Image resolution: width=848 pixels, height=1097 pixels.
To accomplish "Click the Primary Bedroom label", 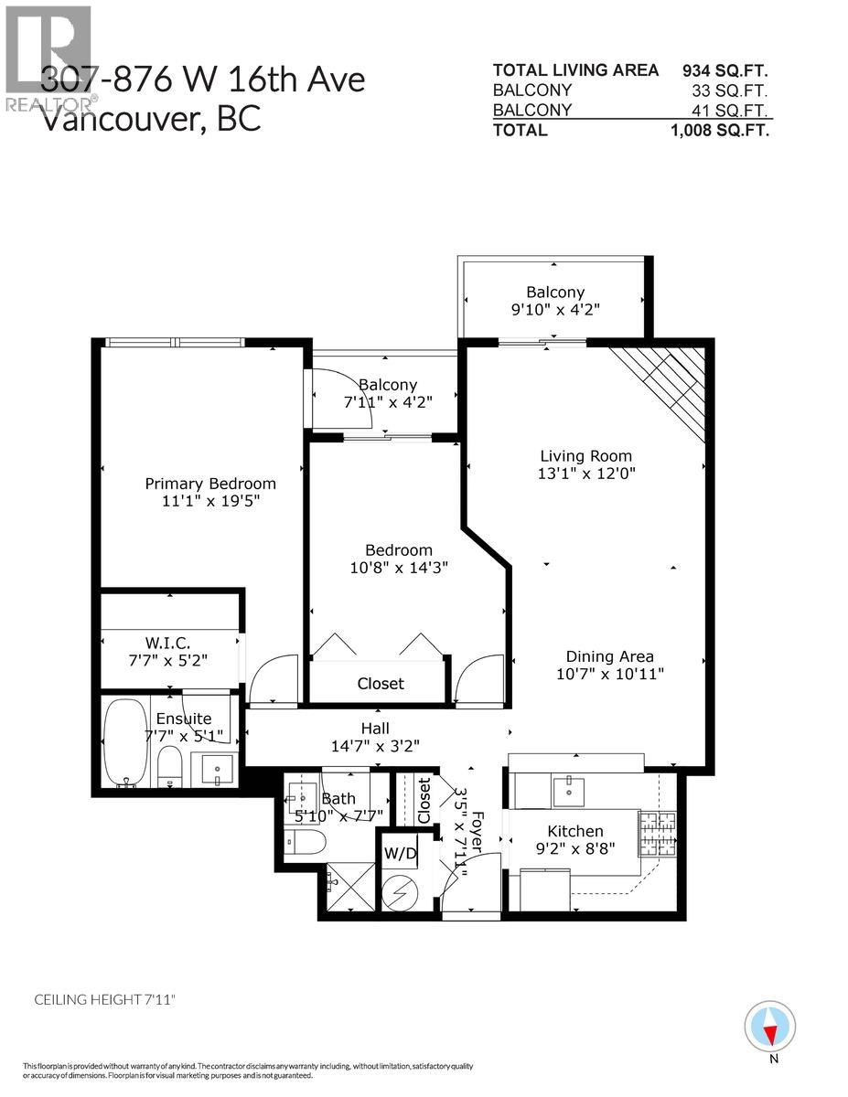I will pyautogui.click(x=210, y=484).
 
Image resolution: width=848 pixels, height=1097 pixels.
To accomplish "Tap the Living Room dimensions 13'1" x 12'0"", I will pyautogui.click(x=585, y=474).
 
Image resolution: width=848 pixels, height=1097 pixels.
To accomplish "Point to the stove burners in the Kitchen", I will pyautogui.click(x=656, y=833).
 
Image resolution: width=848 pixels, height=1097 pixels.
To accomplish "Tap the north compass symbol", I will pyautogui.click(x=769, y=1028).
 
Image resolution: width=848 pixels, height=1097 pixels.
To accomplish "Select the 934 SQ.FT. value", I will pyautogui.click(x=725, y=70).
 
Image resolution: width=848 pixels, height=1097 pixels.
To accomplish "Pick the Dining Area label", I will pyautogui.click(x=609, y=656).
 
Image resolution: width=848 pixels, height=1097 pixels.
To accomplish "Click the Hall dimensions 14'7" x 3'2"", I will pyautogui.click(x=375, y=746).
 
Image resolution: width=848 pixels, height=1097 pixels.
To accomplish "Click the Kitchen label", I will pyautogui.click(x=574, y=831).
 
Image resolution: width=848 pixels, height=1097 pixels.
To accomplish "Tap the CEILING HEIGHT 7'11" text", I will pyautogui.click(x=98, y=1000).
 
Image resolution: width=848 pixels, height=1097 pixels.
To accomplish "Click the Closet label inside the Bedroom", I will pyautogui.click(x=381, y=684).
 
